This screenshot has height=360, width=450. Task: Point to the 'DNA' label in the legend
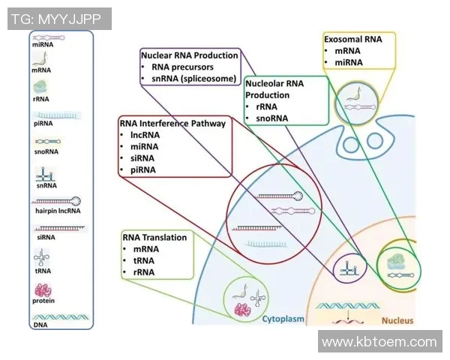pos(40,325)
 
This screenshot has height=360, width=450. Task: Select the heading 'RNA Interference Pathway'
pos(172,123)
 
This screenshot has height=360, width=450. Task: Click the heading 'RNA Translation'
pos(154,237)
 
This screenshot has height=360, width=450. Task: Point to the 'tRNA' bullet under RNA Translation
pos(143,260)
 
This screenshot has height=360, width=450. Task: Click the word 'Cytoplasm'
pos(283,319)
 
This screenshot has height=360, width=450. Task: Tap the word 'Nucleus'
pos(397,320)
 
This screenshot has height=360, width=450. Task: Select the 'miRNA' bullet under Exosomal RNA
pos(348,61)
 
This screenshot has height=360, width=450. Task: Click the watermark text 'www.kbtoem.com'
pos(379,342)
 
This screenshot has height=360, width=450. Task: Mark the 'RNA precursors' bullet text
pos(184,67)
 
